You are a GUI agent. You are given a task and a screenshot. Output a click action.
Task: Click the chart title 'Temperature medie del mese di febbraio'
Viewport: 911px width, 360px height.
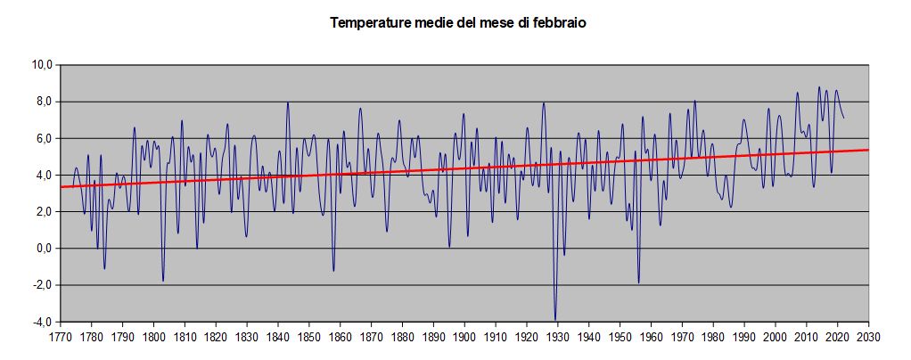pos(457,23)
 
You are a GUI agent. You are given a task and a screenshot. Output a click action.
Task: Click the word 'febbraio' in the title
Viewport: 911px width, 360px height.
pos(559,23)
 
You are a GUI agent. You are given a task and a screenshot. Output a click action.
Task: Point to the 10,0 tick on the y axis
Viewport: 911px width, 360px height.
pos(42,65)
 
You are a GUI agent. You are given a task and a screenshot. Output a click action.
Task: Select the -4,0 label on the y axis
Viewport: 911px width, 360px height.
pos(42,322)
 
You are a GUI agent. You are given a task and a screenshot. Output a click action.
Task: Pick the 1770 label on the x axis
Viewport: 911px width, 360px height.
pos(61,338)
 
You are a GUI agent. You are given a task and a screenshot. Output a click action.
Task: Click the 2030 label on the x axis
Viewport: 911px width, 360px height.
pos(868,338)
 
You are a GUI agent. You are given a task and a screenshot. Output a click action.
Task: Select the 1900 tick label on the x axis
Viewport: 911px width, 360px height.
pos(464,338)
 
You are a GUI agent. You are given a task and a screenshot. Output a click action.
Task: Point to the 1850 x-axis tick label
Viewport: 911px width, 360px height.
pos(309,338)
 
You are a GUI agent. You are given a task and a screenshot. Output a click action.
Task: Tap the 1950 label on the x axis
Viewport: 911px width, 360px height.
pos(620,338)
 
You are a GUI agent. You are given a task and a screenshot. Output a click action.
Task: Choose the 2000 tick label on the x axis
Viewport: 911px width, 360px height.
pos(775,338)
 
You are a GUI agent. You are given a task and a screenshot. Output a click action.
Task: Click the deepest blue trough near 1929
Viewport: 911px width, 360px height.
pos(555,319)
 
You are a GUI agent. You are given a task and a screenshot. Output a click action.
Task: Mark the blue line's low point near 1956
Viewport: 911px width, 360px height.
pos(638,282)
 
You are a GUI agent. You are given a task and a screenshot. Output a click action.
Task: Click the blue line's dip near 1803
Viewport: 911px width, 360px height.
pos(163,281)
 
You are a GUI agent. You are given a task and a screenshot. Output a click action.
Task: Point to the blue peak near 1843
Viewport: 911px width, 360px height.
pos(287,102)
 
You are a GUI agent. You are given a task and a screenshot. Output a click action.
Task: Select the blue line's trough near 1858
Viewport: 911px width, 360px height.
pos(333,271)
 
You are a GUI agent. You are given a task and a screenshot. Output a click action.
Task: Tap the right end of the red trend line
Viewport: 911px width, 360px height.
pos(868,150)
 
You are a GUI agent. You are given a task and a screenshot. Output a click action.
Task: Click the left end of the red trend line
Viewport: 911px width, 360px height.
pos(62,187)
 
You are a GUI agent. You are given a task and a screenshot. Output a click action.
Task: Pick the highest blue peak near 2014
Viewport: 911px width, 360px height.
pos(818,87)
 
